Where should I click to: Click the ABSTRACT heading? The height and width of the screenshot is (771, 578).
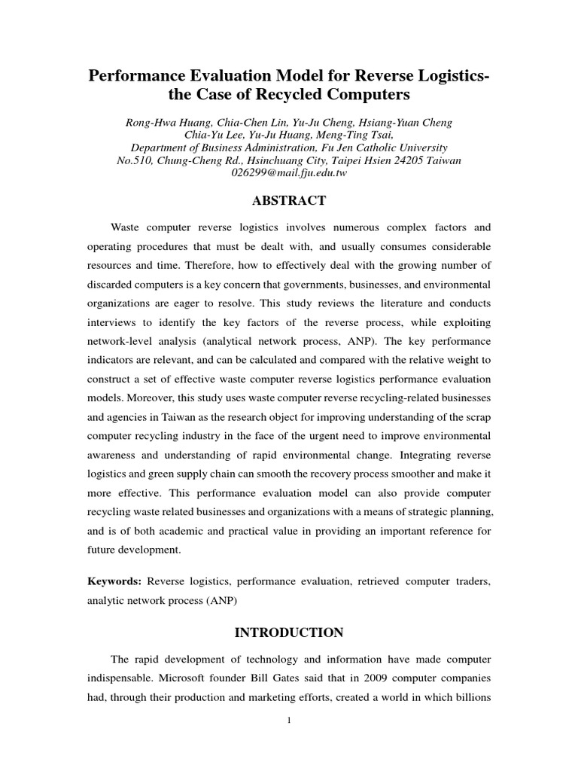[x=289, y=200]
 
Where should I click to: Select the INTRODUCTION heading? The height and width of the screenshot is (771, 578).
[x=289, y=632]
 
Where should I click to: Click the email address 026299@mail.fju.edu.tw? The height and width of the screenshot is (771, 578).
[x=288, y=173]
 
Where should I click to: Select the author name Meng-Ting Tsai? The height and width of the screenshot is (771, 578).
[x=359, y=135]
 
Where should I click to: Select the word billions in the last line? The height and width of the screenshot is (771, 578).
[x=470, y=697]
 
